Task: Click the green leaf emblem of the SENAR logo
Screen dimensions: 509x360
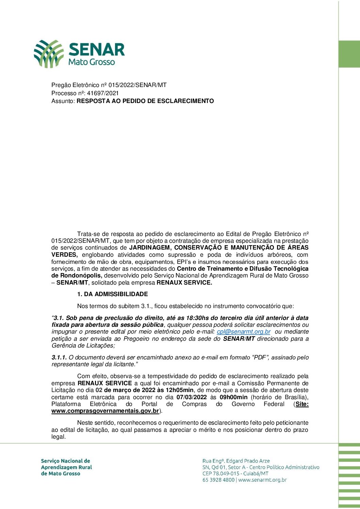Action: [48, 53]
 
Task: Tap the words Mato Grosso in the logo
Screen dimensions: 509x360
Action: [92, 62]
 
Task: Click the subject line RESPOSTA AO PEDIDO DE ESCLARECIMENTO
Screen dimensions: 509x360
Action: [145, 101]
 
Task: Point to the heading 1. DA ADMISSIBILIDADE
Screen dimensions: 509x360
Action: [113, 294]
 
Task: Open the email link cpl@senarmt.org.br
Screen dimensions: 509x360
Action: [244, 332]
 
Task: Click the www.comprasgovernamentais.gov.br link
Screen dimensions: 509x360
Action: [105, 411]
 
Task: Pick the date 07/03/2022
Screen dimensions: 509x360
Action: [192, 397]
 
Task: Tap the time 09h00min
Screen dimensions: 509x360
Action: [233, 397]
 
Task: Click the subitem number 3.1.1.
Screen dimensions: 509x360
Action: [59, 357]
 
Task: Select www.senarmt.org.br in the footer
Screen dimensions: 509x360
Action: [262, 480]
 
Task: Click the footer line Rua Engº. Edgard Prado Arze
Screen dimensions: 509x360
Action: [236, 461]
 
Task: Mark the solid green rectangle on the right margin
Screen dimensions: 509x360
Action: [349, 54]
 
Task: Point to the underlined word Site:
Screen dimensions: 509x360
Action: [302, 404]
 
